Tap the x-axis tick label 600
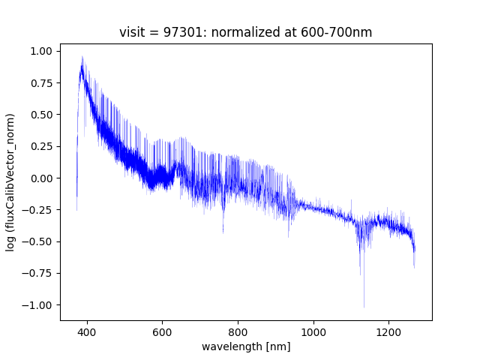coord(163,331)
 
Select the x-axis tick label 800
coord(238,331)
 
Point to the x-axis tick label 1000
coord(313,331)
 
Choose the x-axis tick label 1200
coord(388,331)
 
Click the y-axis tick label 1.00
coord(42,51)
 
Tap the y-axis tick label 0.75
coord(42,83)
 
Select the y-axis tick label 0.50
coord(42,115)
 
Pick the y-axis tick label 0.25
coord(42,146)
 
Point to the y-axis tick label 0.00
coord(42,178)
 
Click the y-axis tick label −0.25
coord(39,210)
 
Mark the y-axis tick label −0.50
coord(39,241)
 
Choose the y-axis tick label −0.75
coord(39,273)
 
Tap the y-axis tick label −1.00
coord(39,305)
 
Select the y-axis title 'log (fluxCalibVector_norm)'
coord(11,182)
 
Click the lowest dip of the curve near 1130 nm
coord(364,306)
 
